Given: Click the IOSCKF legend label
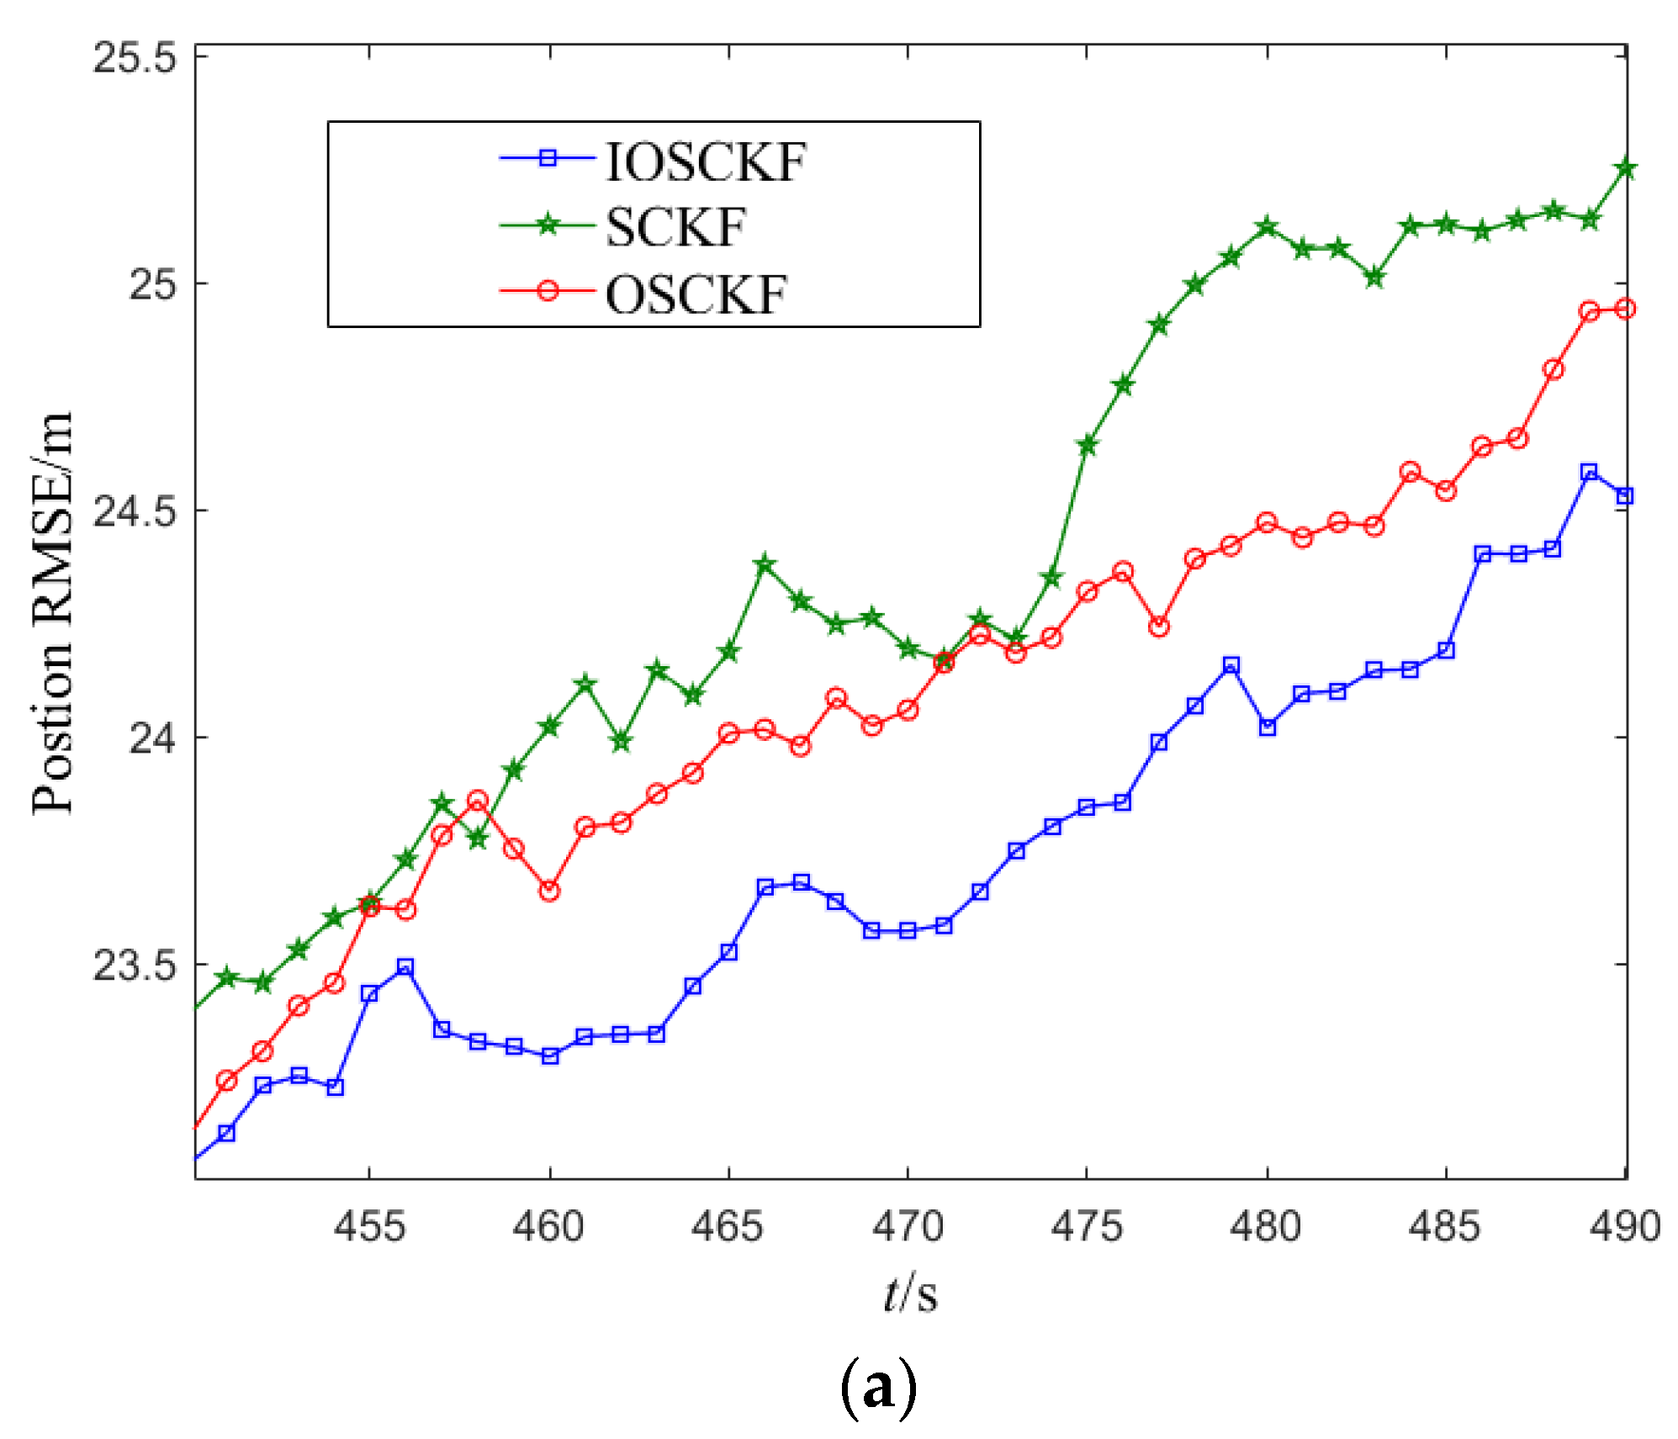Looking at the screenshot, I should pyautogui.click(x=705, y=161).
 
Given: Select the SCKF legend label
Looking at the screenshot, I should pyautogui.click(x=675, y=227).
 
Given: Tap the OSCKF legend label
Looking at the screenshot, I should pyautogui.click(x=696, y=294).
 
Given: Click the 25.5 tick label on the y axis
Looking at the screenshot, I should pyautogui.click(x=135, y=58).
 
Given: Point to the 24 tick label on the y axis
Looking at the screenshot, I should pyautogui.click(x=152, y=738).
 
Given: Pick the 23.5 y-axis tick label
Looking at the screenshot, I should pyautogui.click(x=135, y=965).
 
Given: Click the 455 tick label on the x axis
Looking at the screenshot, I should pyautogui.click(x=369, y=1226).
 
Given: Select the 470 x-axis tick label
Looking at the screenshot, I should pyautogui.click(x=908, y=1226).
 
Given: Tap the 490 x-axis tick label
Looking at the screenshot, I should pyautogui.click(x=1624, y=1226).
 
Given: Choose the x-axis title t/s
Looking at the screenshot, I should pyautogui.click(x=910, y=1294).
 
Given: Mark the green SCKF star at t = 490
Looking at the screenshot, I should pyautogui.click(x=1625, y=168).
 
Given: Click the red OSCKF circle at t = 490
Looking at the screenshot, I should pyautogui.click(x=1625, y=309).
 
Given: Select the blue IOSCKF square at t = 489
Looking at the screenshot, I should pyautogui.click(x=1589, y=472).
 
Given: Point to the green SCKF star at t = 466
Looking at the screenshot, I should pyautogui.click(x=765, y=564).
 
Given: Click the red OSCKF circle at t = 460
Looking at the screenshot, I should pyautogui.click(x=549, y=891).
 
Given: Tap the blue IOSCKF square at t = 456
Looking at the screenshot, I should pyautogui.click(x=405, y=967).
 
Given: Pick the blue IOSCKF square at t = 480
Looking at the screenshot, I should pyautogui.click(x=1267, y=727).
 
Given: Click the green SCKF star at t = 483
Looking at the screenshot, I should pyautogui.click(x=1374, y=278).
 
